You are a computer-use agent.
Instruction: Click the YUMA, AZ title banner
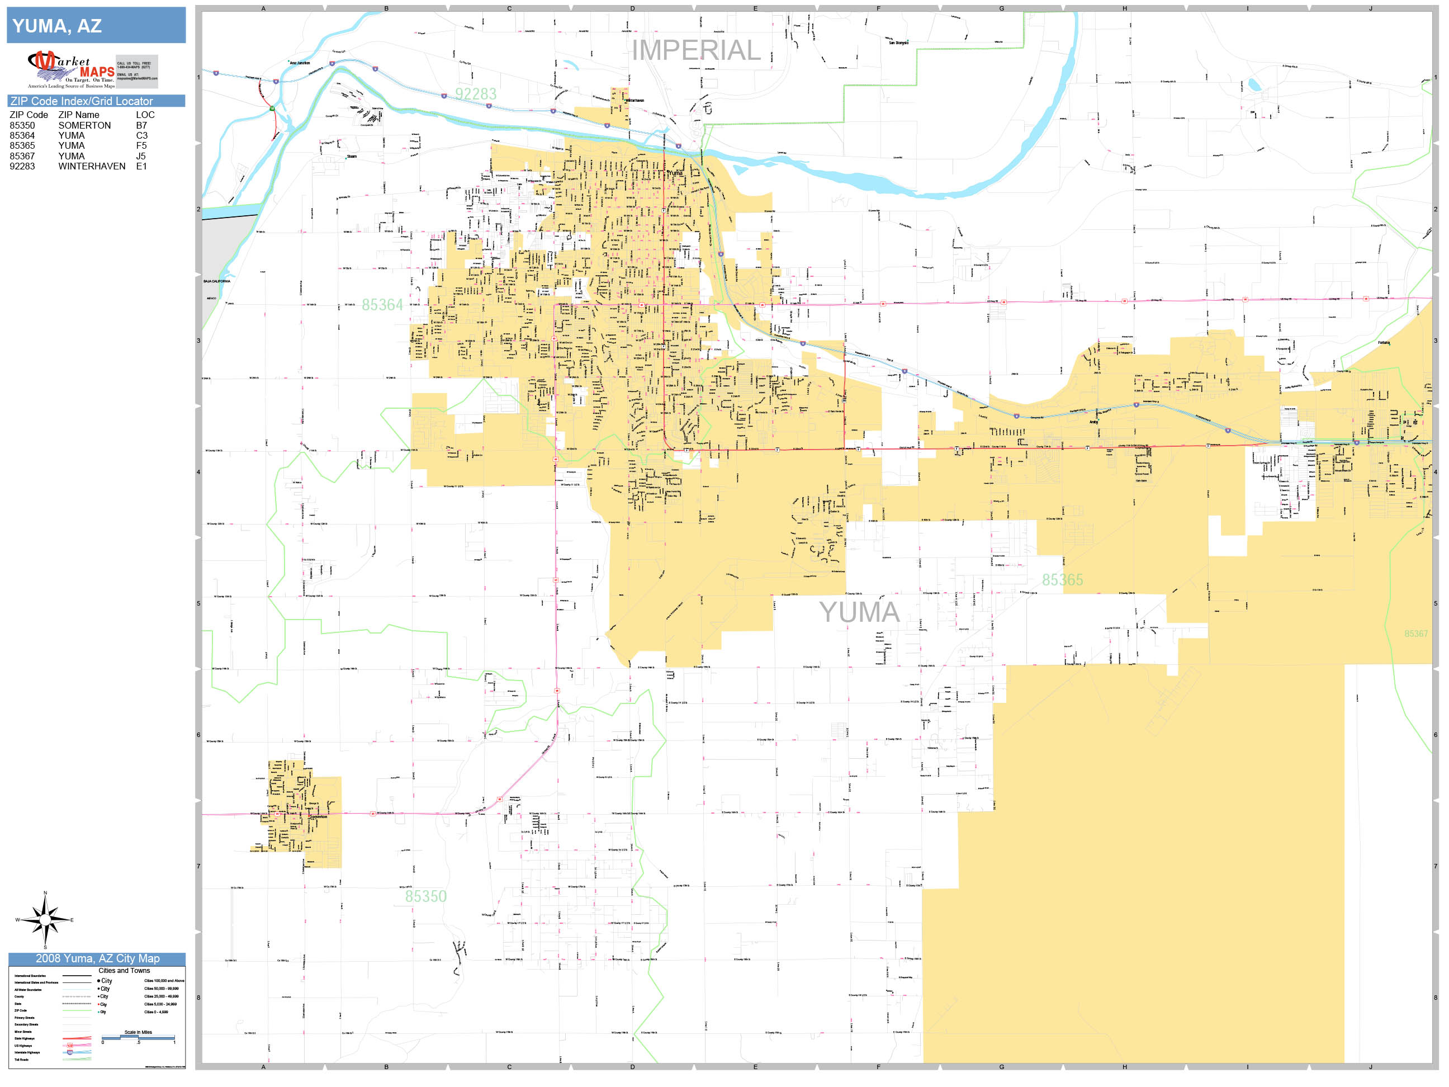96,26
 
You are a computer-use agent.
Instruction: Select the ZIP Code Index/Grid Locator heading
81,101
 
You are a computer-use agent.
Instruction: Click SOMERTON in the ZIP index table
84,125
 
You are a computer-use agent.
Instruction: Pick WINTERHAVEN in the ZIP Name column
92,167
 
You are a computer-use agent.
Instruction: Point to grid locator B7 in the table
141,125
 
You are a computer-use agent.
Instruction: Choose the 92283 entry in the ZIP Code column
22,167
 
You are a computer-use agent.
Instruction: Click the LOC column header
145,115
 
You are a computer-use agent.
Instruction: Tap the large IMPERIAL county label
695,50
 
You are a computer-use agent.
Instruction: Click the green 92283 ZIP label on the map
476,94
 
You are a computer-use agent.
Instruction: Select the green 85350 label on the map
426,896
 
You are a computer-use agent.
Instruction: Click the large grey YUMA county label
859,612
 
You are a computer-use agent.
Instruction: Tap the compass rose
45,920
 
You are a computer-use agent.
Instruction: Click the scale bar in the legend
138,1037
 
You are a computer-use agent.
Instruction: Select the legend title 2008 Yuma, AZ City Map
97,958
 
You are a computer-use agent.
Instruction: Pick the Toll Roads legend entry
22,1060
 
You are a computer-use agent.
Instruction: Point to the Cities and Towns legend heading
124,970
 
